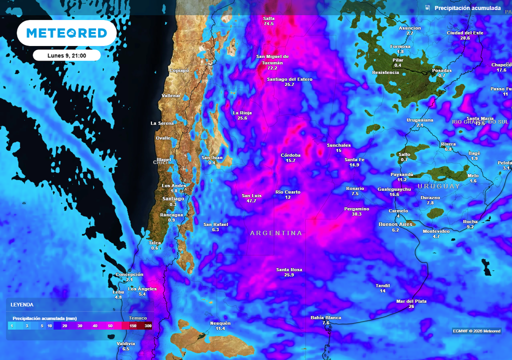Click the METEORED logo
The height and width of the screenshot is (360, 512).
(x=66, y=33)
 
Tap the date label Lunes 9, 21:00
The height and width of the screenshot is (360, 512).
(x=66, y=55)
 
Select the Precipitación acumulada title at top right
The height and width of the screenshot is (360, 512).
(x=467, y=8)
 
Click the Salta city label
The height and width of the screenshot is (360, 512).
(x=269, y=18)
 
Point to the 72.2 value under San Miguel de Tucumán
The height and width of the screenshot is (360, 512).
(x=272, y=68)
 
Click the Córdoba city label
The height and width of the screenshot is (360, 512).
(x=290, y=155)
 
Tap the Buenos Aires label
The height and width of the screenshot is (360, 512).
(x=395, y=224)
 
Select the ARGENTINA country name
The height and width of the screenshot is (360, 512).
(x=276, y=233)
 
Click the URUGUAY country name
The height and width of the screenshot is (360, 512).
(x=438, y=186)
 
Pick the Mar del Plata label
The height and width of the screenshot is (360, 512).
(x=411, y=301)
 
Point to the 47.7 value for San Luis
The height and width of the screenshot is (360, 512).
(x=251, y=201)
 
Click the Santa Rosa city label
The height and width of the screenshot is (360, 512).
(x=289, y=270)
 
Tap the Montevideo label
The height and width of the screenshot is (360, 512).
(x=436, y=231)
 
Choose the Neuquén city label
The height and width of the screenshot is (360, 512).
(x=220, y=323)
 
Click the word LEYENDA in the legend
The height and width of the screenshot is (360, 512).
(x=22, y=304)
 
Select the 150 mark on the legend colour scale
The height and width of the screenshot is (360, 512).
(x=133, y=325)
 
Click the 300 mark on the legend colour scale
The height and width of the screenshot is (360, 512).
(x=147, y=325)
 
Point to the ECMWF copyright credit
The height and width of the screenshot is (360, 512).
(x=476, y=331)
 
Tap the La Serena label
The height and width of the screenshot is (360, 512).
(x=162, y=123)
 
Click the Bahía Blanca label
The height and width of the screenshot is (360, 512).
(x=325, y=317)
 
